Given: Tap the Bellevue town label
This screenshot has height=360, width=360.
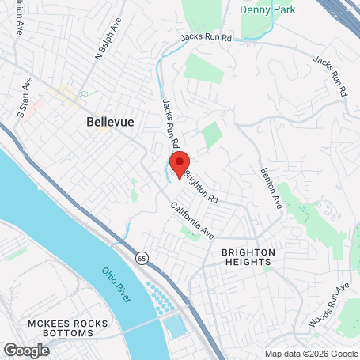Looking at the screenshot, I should pyautogui.click(x=109, y=122).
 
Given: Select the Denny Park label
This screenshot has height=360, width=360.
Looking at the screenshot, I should pyautogui.click(x=263, y=11).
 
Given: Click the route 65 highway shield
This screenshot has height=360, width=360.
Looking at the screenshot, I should pyautogui.click(x=140, y=257).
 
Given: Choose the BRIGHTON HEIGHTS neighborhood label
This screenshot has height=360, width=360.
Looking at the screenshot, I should pyautogui.click(x=248, y=257).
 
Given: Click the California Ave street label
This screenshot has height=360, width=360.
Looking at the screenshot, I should pyautogui.click(x=192, y=221).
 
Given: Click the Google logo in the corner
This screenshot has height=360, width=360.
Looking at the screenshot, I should pyautogui.click(x=26, y=350).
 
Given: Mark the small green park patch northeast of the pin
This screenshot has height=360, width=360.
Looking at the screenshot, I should pyautogui.click(x=211, y=137).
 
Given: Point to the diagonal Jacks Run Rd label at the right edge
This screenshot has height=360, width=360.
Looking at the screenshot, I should pyautogui.click(x=330, y=76).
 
